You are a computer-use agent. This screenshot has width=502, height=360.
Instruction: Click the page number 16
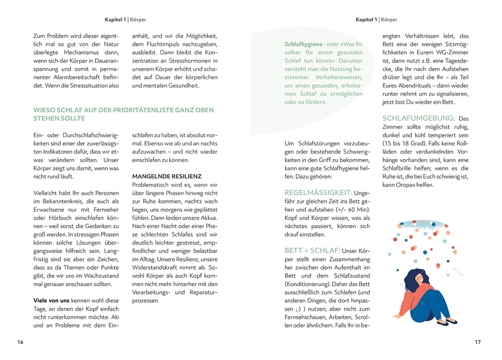coord(20,342)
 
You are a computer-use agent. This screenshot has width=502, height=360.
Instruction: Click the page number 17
coord(477,342)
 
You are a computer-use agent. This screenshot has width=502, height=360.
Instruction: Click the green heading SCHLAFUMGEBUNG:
coord(418,118)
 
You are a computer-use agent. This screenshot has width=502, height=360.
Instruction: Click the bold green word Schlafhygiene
coord(303,44)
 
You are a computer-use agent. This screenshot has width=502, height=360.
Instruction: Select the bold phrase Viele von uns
coord(51,300)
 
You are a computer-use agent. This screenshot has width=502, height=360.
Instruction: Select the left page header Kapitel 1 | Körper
coord(125,20)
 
